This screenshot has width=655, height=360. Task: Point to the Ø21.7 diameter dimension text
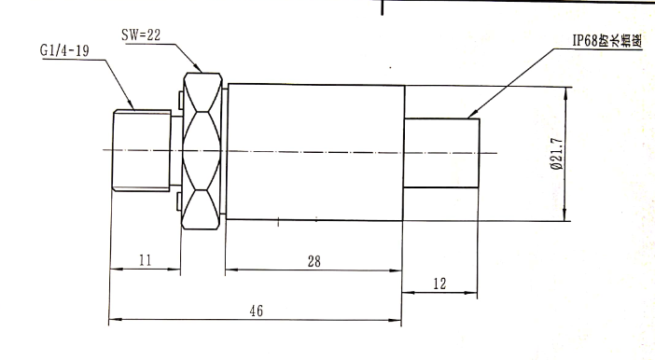tap(556, 155)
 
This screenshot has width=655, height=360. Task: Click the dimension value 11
tap(143, 262)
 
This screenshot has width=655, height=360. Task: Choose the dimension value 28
tap(314, 262)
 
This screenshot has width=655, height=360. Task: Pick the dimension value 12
tap(439, 283)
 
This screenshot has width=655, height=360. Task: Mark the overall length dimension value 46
tap(253, 312)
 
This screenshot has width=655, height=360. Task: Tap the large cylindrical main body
tap(314, 153)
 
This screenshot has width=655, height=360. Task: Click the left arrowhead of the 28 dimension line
tap(230, 271)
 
